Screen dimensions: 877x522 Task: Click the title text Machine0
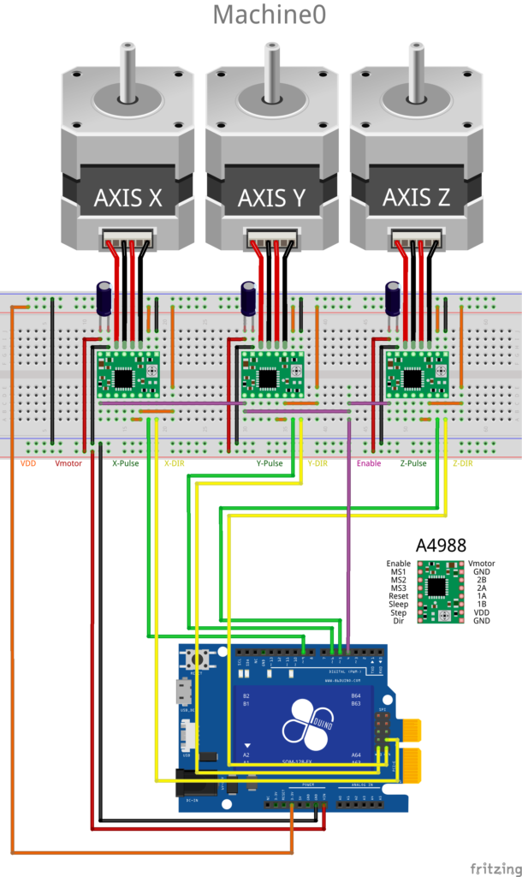pos(269,15)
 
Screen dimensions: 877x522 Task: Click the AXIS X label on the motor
pos(128,198)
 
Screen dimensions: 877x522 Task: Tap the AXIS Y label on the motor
pos(272,198)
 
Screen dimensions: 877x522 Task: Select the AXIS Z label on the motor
pos(417,198)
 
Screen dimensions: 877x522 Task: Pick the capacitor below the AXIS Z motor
pos(394,298)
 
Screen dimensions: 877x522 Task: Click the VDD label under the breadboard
pos(28,463)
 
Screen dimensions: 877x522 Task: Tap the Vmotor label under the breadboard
pos(68,463)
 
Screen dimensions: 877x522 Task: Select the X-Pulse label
pos(126,463)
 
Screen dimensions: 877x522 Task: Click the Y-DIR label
pos(317,463)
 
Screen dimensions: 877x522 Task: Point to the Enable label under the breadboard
pos(369,463)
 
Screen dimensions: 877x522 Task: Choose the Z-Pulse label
pos(413,463)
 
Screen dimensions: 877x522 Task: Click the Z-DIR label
pos(462,463)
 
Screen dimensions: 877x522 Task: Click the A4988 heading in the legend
pos(437,545)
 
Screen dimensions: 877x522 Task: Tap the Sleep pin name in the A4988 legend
pos(398,604)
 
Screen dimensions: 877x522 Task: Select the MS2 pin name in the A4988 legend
pos(399,579)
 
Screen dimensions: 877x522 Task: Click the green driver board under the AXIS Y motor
pos(271,374)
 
